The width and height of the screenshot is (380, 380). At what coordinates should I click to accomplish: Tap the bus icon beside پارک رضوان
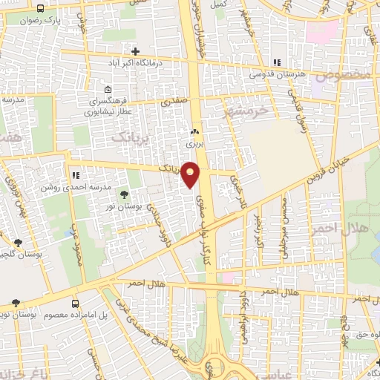coord(39,10)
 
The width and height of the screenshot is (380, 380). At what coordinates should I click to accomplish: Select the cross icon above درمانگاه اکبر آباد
coord(135,51)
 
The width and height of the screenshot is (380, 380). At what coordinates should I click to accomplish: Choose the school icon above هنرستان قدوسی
coord(277,62)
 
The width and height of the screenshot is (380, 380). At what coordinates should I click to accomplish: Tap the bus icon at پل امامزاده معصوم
coord(75,304)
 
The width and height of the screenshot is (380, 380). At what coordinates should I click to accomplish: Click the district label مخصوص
coord(343,75)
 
